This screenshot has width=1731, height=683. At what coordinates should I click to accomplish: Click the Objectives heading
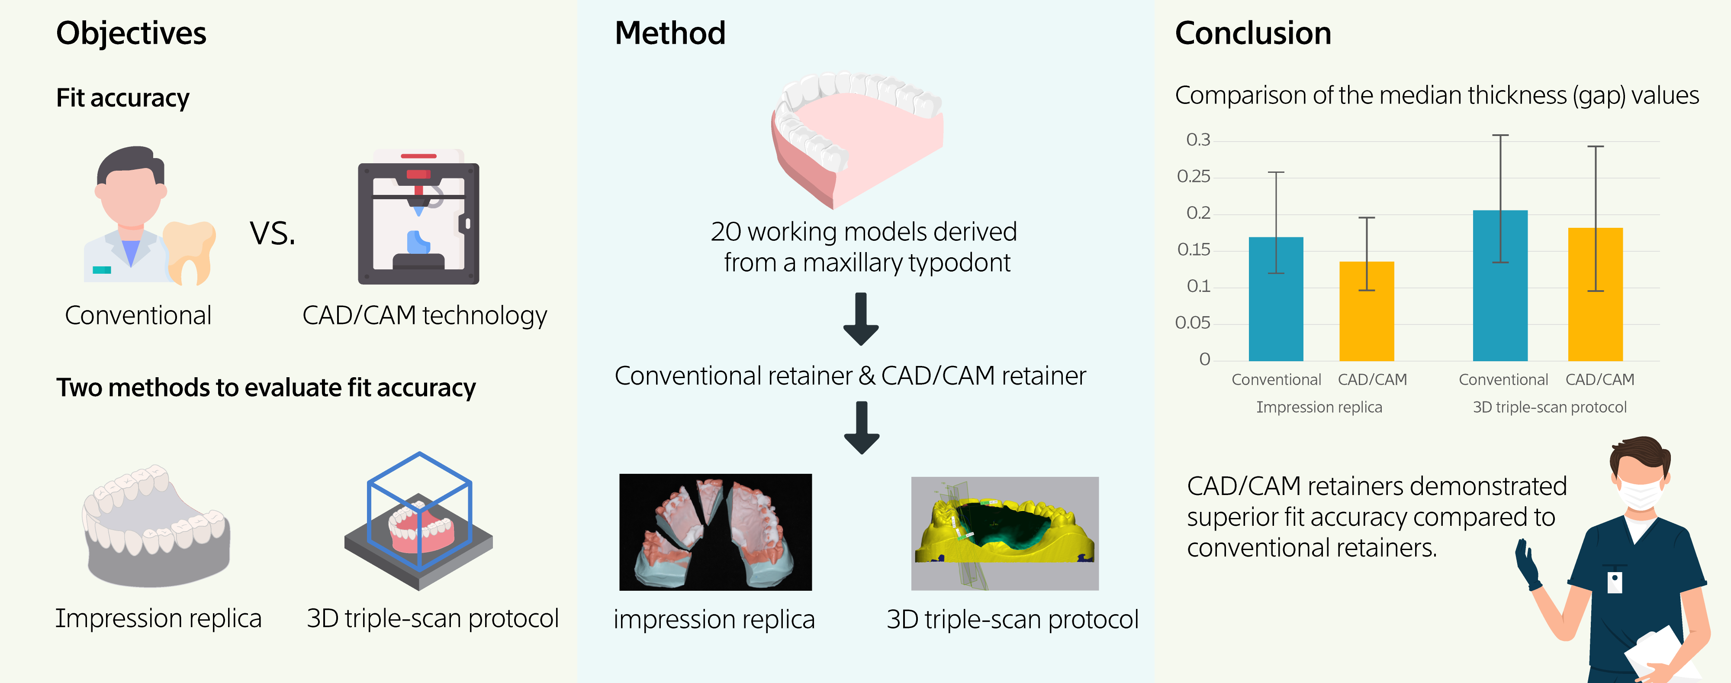[131, 34]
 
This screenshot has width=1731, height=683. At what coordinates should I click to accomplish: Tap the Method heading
[669, 34]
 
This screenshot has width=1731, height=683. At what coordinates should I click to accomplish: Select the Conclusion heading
[1252, 34]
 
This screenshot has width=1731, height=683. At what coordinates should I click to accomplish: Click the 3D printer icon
[418, 218]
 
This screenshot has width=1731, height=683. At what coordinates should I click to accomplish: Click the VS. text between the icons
[272, 233]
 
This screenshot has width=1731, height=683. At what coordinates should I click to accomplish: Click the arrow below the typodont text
[861, 319]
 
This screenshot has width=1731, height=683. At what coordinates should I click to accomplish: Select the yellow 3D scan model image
[1004, 533]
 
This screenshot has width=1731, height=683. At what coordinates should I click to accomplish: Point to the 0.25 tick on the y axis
[1194, 177]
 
